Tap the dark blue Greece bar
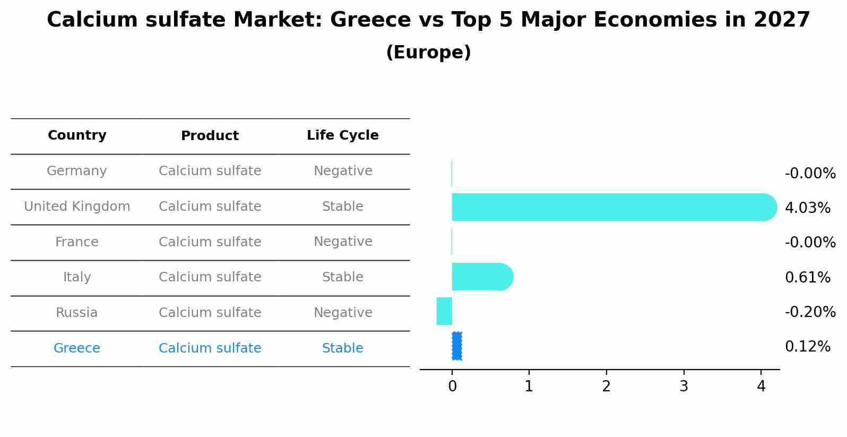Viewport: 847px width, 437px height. pyautogui.click(x=457, y=346)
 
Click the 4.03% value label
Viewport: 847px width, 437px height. pyautogui.click(x=807, y=208)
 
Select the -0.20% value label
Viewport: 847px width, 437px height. pyautogui.click(x=810, y=312)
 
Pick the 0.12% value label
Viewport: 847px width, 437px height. pyautogui.click(x=807, y=347)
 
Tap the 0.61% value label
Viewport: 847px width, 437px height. pyautogui.click(x=807, y=277)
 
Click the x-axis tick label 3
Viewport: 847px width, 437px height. pyautogui.click(x=684, y=387)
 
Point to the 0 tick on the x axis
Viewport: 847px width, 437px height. pyautogui.click(x=452, y=387)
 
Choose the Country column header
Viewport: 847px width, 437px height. pyautogui.click(x=77, y=135)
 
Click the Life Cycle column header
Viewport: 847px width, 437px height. pyautogui.click(x=343, y=135)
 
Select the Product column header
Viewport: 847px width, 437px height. pyautogui.click(x=210, y=136)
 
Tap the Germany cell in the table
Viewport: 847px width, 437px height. pyautogui.click(x=77, y=171)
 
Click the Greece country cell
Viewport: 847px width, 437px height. pyautogui.click(x=77, y=348)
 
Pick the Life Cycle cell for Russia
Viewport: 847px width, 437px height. pyautogui.click(x=343, y=313)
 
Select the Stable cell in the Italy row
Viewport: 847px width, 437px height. pyautogui.click(x=343, y=277)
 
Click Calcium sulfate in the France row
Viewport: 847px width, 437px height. pyautogui.click(x=210, y=242)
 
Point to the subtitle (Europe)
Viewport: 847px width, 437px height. pyautogui.click(x=428, y=53)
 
